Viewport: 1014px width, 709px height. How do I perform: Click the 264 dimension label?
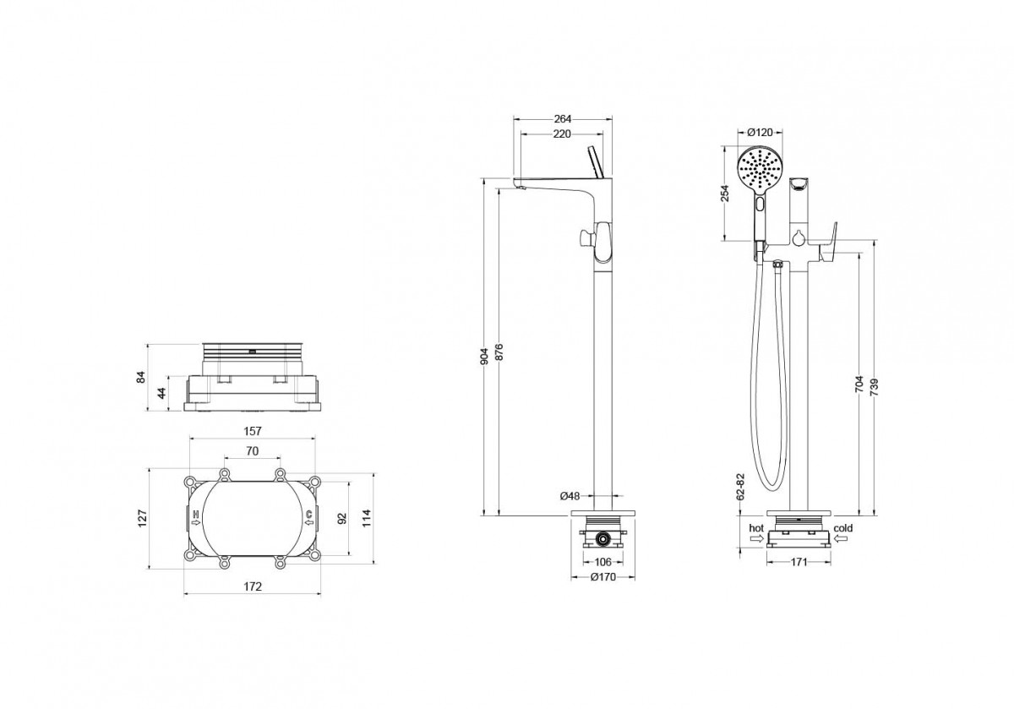pyautogui.click(x=563, y=119)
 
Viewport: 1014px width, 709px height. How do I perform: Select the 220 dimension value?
pyautogui.click(x=562, y=134)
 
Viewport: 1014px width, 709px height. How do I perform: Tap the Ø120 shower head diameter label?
pyautogui.click(x=760, y=132)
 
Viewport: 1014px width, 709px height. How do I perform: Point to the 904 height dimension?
pyautogui.click(x=484, y=357)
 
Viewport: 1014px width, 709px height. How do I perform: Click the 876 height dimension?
pyautogui.click(x=499, y=352)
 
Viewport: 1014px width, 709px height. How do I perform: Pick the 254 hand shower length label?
pyautogui.click(x=725, y=193)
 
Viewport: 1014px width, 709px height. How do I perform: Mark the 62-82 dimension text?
pyautogui.click(x=740, y=487)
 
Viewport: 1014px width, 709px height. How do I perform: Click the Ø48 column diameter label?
pyautogui.click(x=570, y=496)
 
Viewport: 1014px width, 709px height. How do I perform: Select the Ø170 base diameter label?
pyautogui.click(x=603, y=577)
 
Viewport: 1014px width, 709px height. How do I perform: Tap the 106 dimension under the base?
pyautogui.click(x=602, y=562)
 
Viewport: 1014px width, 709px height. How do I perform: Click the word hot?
pyautogui.click(x=756, y=528)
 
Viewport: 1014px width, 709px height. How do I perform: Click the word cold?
pyautogui.click(x=843, y=528)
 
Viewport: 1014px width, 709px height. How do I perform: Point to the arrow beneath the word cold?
pyautogui.click(x=842, y=538)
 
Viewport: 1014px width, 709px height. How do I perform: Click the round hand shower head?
pyautogui.click(x=760, y=172)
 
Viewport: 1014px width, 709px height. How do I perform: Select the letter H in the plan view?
pyautogui.click(x=196, y=514)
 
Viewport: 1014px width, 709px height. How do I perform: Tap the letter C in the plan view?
pyautogui.click(x=308, y=514)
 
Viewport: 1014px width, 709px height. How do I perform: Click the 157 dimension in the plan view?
pyautogui.click(x=253, y=431)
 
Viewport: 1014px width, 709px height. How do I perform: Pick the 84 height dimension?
pyautogui.click(x=142, y=377)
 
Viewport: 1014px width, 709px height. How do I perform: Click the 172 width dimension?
pyautogui.click(x=253, y=586)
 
